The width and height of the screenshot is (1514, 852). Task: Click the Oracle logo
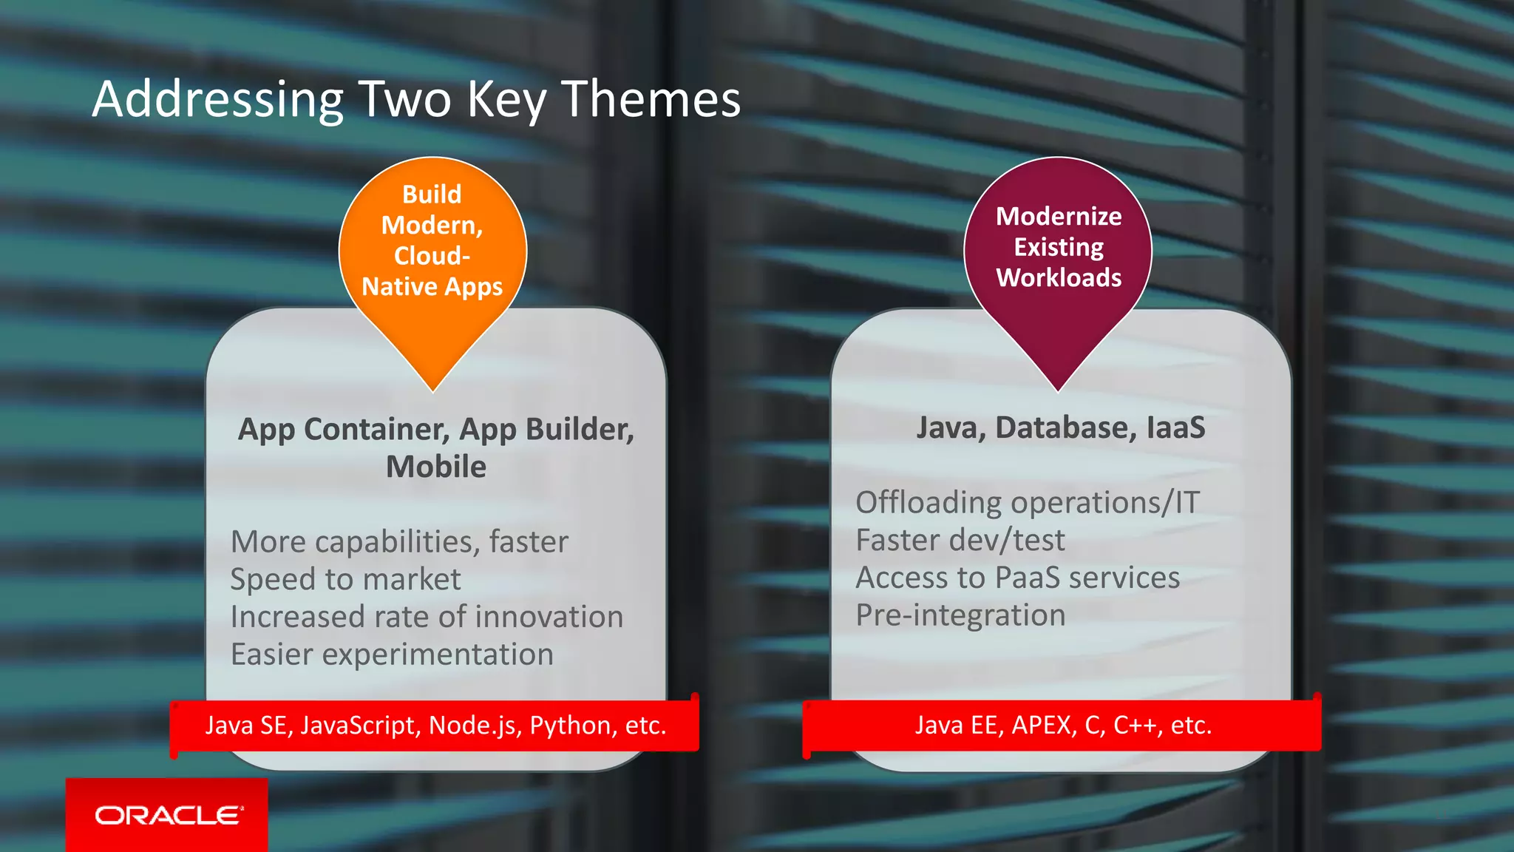coord(168,815)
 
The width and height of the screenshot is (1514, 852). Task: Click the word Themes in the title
coord(651,99)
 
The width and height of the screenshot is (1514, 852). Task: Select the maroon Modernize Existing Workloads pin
coord(1058,248)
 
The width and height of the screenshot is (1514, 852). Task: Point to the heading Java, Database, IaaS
coord(1060,427)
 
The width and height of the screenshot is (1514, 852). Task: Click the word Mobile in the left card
coord(436,467)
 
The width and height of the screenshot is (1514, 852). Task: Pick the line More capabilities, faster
coord(399,541)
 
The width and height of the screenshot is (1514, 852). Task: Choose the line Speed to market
coord(345,579)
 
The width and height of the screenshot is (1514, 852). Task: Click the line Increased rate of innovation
coord(427,617)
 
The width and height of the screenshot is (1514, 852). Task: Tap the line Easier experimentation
coord(392,655)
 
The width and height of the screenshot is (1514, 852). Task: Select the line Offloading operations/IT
coord(1028,503)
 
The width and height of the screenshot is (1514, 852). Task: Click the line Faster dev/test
coord(960,541)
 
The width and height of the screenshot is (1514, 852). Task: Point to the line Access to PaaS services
coord(1017,578)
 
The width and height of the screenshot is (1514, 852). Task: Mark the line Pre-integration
coord(960,615)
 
